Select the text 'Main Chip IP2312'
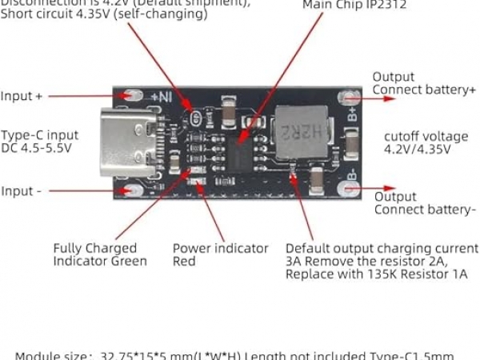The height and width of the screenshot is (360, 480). (354, 5)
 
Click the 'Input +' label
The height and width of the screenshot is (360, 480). (22, 96)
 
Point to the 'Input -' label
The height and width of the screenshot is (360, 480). (22, 191)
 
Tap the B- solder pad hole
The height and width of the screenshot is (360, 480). (350, 190)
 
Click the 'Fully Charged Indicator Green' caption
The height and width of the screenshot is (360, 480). (100, 254)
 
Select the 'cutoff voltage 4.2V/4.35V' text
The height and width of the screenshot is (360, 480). (417, 142)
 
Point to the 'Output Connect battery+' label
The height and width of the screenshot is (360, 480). (424, 83)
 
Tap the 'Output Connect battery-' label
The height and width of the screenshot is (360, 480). (424, 203)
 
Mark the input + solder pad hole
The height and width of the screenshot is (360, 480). (126, 97)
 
